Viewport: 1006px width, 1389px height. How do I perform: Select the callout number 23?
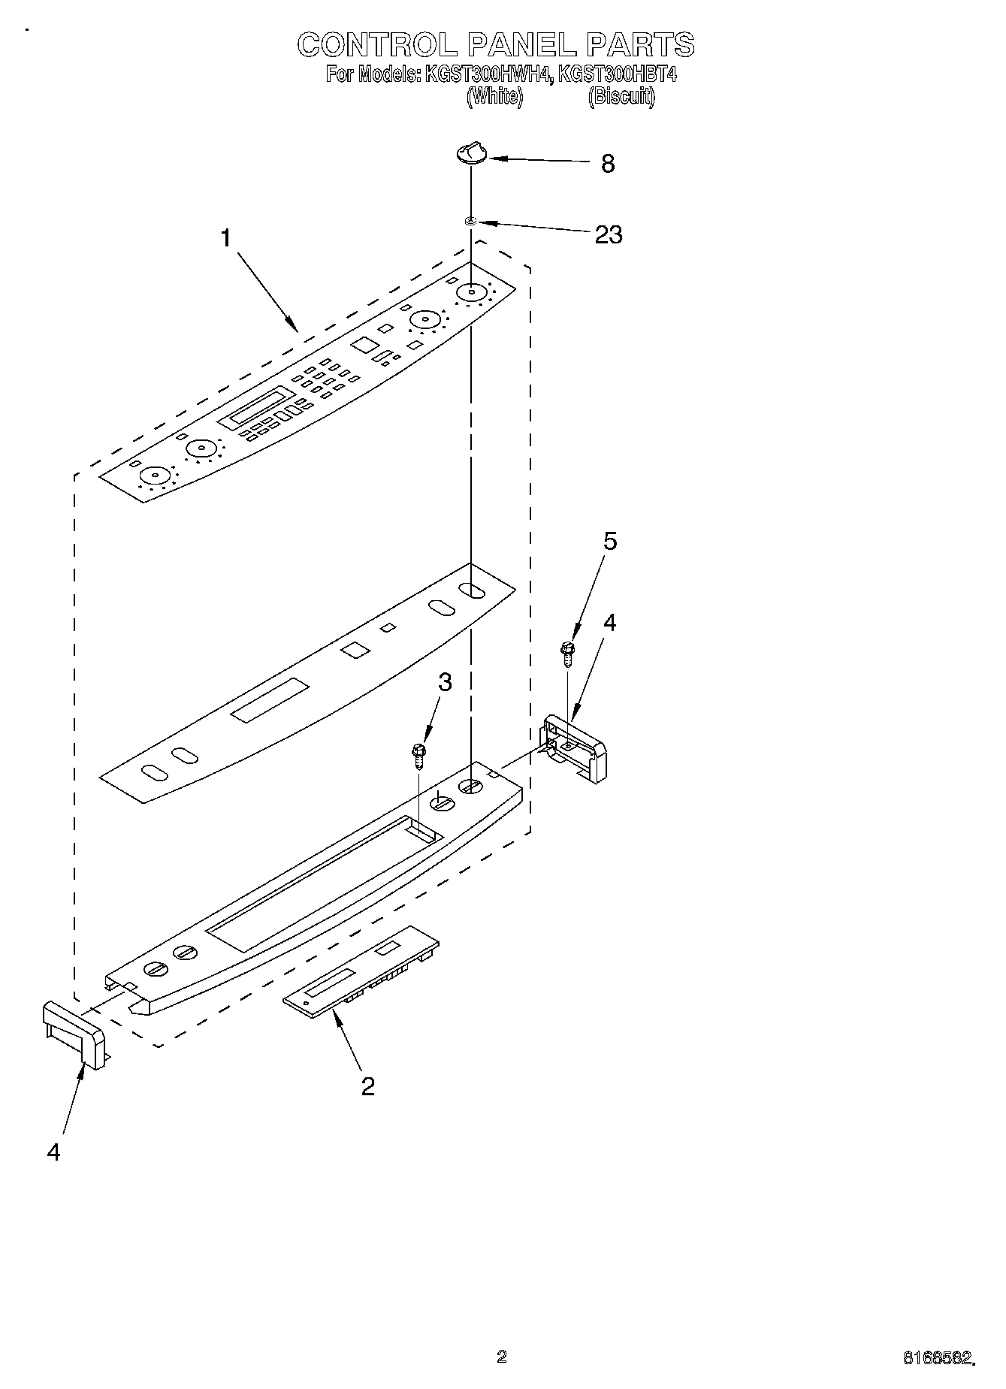(x=609, y=234)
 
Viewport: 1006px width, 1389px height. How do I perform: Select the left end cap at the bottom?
(x=74, y=1033)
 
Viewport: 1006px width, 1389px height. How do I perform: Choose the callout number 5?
(x=610, y=541)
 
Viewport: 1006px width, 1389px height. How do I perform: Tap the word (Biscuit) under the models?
(x=621, y=96)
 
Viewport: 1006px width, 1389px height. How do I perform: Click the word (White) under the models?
(x=494, y=96)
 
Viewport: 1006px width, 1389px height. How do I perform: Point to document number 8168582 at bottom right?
(x=938, y=1357)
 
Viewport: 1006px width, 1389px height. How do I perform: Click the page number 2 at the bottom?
(x=502, y=1355)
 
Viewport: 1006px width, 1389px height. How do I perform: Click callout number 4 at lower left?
(x=53, y=1152)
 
